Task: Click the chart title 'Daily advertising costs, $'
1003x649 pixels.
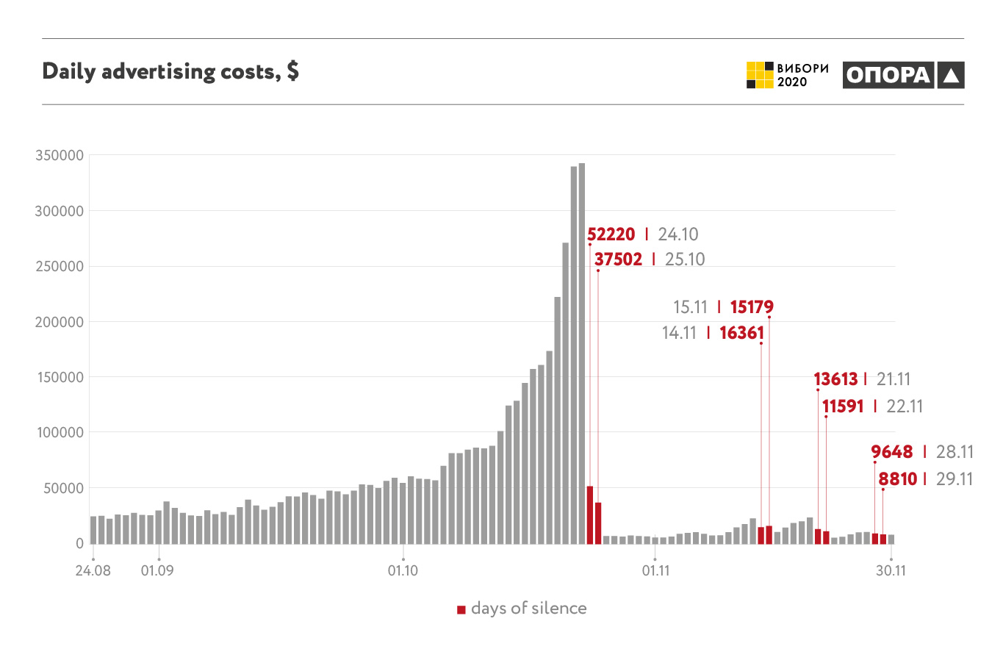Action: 170,72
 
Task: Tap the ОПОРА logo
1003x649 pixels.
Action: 903,75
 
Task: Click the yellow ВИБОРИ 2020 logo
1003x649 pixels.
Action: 787,75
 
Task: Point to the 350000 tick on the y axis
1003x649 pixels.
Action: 58,156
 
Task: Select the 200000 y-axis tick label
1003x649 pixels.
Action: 58,322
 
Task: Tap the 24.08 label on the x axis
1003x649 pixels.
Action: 93,570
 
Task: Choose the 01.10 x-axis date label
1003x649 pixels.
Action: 403,570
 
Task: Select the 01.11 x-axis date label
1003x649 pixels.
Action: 654,570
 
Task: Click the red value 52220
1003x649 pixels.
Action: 611,234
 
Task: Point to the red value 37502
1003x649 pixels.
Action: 618,259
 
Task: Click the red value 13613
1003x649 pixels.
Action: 835,379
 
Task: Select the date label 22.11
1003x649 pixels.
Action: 906,406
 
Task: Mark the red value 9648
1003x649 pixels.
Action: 891,452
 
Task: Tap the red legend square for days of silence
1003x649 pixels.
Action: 461,609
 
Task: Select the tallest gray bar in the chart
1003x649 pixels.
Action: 582,353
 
